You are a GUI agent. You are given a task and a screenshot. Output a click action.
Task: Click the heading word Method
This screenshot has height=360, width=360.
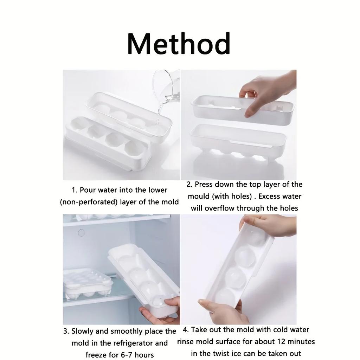click(x=179, y=43)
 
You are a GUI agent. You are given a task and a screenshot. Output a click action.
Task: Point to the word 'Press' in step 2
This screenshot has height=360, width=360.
click(x=204, y=184)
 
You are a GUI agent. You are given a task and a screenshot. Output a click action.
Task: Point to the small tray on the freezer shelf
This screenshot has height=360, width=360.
click(x=87, y=284)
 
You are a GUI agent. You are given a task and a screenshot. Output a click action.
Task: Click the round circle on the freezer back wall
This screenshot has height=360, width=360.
click(x=81, y=233)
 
